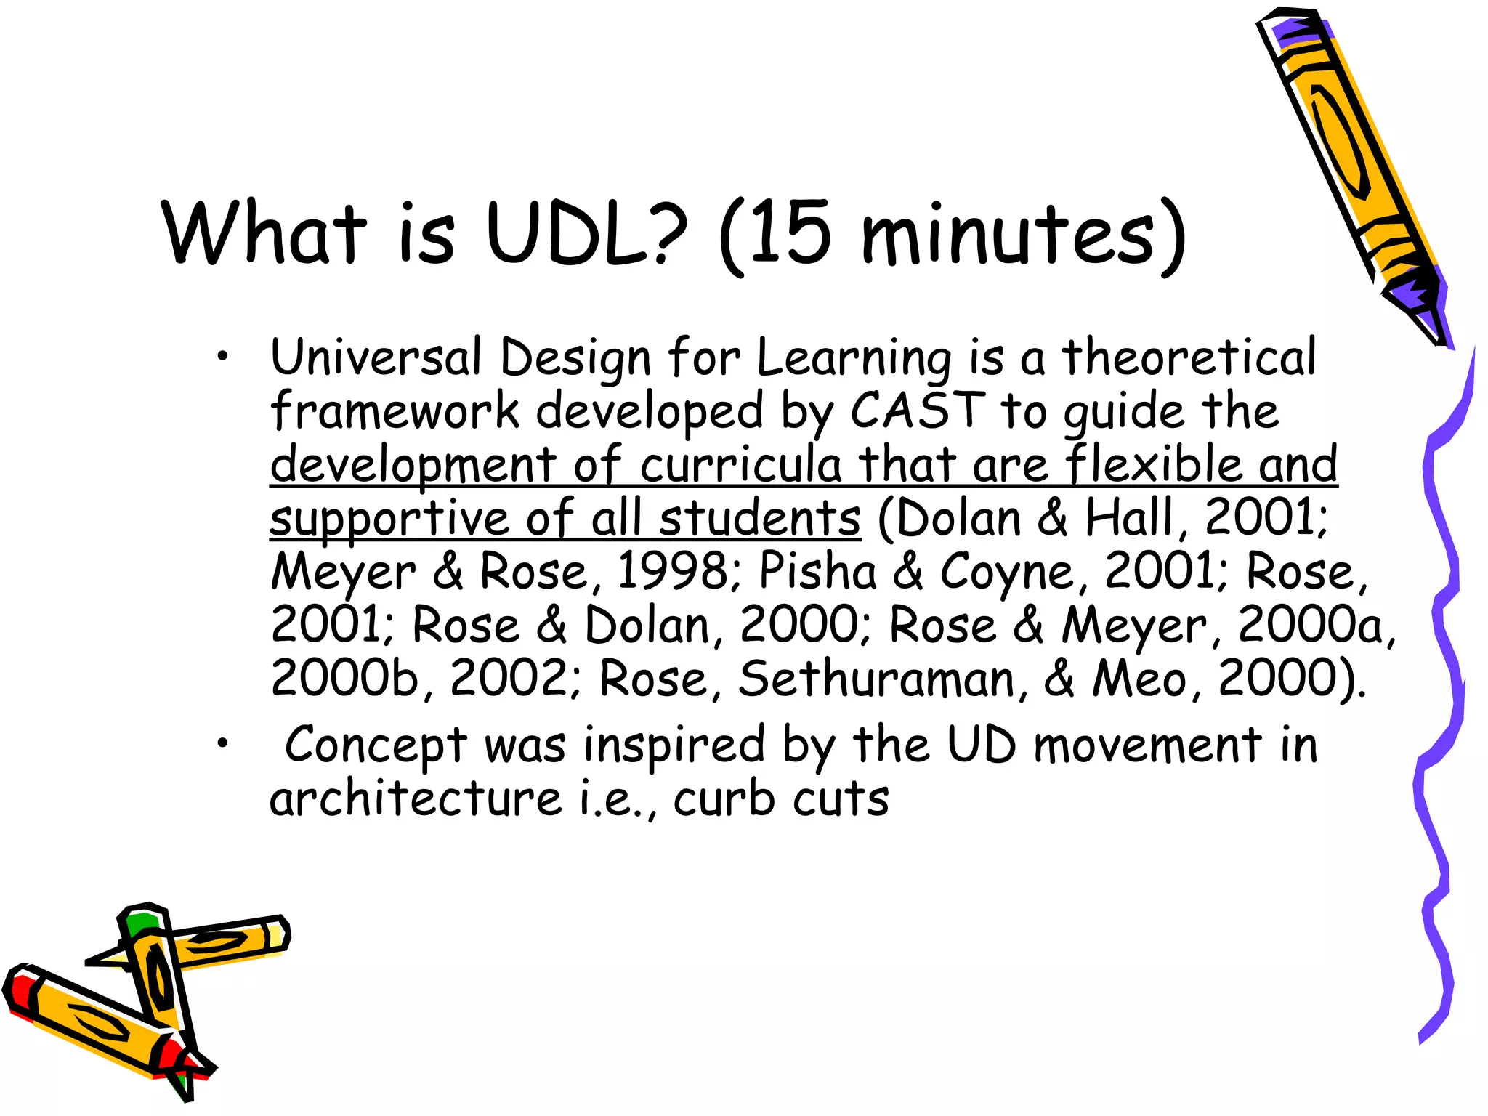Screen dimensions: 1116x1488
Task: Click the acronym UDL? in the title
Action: coord(586,232)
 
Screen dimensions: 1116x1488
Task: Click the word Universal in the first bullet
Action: coord(376,357)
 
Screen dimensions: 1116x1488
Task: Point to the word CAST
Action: coord(917,411)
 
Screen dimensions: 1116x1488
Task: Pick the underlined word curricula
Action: coord(740,464)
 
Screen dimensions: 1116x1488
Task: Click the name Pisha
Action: coord(818,571)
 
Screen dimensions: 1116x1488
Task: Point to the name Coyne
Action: coord(1006,573)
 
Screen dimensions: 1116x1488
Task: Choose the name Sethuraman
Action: coord(876,679)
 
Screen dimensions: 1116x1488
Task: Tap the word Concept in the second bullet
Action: coord(375,745)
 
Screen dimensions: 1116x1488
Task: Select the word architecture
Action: coord(416,799)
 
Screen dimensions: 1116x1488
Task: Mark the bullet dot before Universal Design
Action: coord(222,356)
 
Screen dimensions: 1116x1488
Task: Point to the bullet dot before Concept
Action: coord(222,743)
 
